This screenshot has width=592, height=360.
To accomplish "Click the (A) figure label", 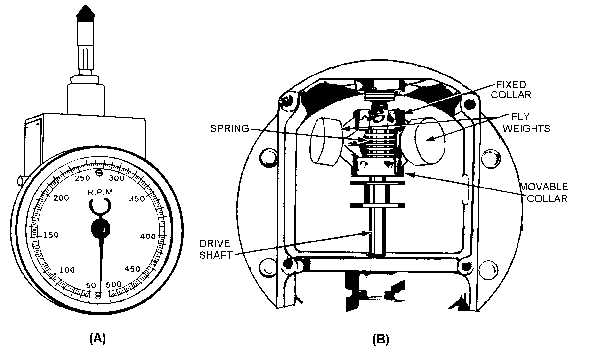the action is point(97,338).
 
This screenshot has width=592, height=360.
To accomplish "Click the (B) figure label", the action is point(380,339).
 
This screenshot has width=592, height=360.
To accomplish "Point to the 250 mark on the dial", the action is point(83,177).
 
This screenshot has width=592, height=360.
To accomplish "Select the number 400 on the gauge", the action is point(146,236).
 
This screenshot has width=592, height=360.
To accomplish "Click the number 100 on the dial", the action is point(67,271).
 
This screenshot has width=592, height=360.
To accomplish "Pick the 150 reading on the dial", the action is point(51,236).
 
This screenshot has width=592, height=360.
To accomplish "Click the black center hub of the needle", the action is point(100,229).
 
